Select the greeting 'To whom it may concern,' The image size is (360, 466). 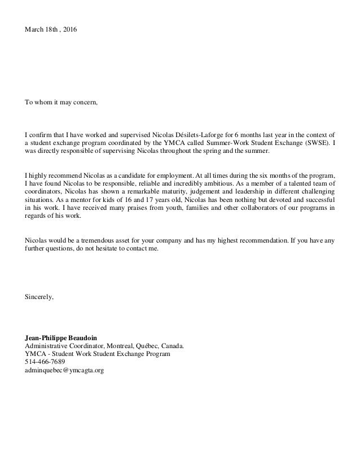coord(60,103)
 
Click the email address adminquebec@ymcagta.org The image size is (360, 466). coord(64,371)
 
